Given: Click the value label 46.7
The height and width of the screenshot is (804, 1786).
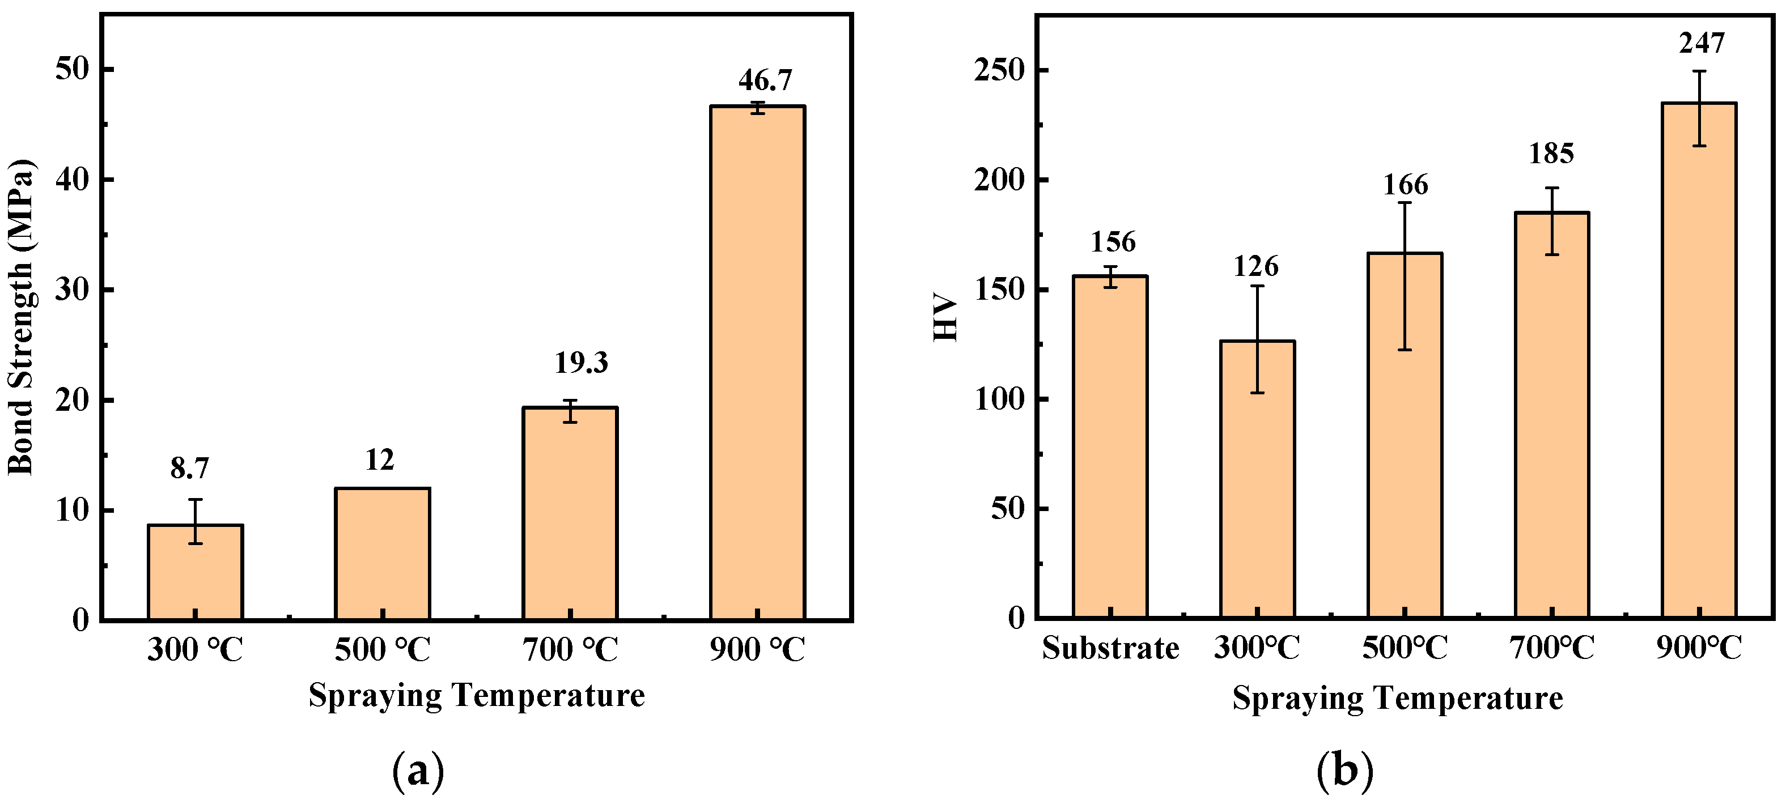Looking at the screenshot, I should (765, 80).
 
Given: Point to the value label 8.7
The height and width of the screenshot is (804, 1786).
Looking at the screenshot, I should (189, 469).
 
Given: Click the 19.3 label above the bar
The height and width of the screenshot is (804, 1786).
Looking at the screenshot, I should (581, 363).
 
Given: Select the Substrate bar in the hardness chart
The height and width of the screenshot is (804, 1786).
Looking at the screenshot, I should (1110, 446).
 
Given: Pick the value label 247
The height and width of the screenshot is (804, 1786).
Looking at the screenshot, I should (1702, 43).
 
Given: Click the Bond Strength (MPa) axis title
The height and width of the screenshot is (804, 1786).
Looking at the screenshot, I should (21, 317).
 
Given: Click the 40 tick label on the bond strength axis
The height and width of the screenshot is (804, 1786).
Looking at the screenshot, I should (73, 180).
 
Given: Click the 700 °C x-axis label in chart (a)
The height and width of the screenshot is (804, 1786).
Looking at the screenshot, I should (570, 650).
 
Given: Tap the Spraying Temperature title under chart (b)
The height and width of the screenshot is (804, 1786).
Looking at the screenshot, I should (1397, 698).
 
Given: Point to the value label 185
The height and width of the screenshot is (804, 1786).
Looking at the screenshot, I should (1552, 153).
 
